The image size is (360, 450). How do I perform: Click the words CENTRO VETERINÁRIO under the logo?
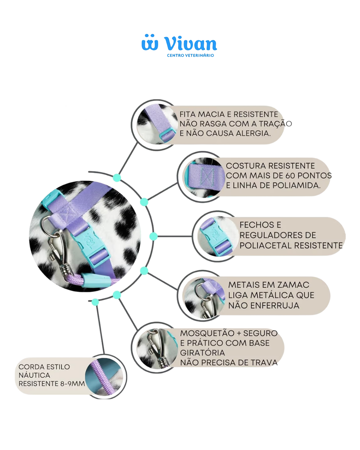190,56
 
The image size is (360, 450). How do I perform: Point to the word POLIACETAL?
264,245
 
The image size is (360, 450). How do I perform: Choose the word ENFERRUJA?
275,306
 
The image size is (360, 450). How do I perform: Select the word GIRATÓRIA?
202,353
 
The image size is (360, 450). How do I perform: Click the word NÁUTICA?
34,375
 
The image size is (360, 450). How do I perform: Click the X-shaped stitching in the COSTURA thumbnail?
206,177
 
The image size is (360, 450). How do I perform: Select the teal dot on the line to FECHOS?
154,236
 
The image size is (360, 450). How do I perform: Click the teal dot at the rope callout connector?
95,302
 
